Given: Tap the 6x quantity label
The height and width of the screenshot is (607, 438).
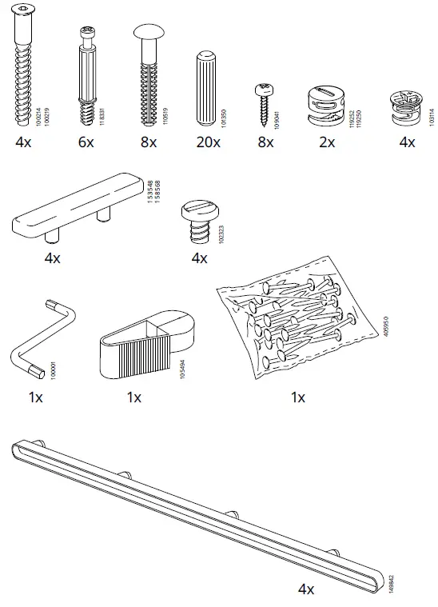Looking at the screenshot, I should [x=86, y=142].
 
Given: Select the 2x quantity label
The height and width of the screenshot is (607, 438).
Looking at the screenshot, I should [x=328, y=142].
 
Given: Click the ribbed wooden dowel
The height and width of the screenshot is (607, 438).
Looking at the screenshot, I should [x=205, y=89].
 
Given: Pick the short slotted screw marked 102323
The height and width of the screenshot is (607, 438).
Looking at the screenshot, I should [x=198, y=222].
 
